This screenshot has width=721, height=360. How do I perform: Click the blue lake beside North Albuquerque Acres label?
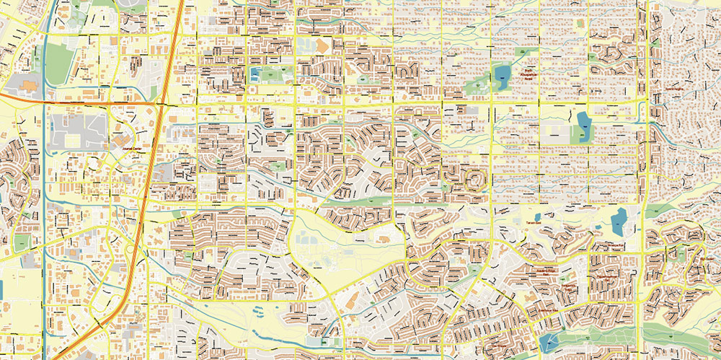[x=501, y=73]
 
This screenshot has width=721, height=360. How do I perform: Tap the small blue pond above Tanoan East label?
[x=537, y=215]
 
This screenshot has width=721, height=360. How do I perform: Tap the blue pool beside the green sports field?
[x=256, y=73]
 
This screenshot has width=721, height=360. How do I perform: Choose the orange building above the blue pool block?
[x=321, y=45]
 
